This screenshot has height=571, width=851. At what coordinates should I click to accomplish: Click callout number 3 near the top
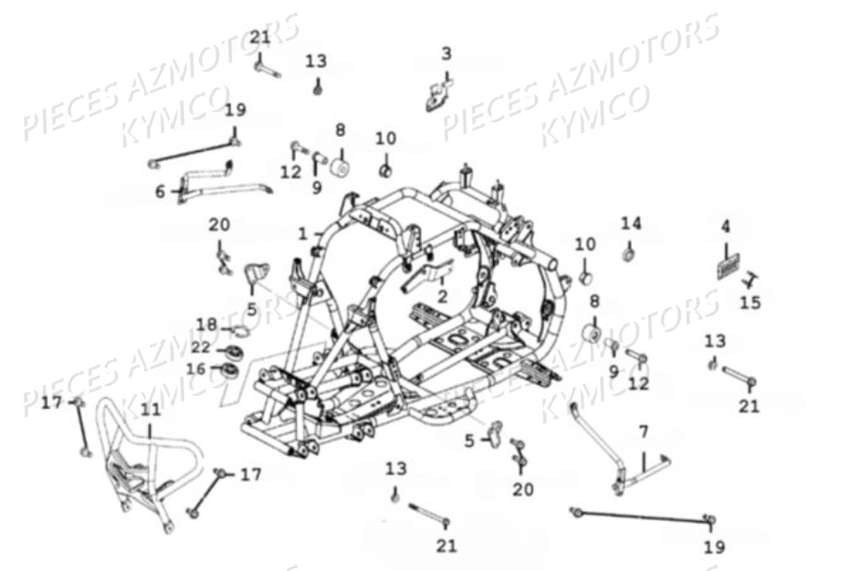point(446,53)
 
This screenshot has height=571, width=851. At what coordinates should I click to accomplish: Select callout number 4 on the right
point(726,226)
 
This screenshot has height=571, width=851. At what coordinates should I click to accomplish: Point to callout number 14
point(630,223)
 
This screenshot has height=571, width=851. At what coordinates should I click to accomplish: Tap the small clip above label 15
point(751,277)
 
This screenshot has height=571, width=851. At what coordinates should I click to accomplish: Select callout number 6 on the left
point(160,192)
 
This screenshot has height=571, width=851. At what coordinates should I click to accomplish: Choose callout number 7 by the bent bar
point(644,431)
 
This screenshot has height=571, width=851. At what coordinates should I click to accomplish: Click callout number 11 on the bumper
point(150,408)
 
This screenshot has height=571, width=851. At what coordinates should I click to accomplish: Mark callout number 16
point(195,368)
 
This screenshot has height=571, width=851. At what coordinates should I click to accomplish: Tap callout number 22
point(201,346)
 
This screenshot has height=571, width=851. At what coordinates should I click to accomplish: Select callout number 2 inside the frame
point(442,297)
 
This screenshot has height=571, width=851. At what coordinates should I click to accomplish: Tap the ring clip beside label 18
point(240,330)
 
